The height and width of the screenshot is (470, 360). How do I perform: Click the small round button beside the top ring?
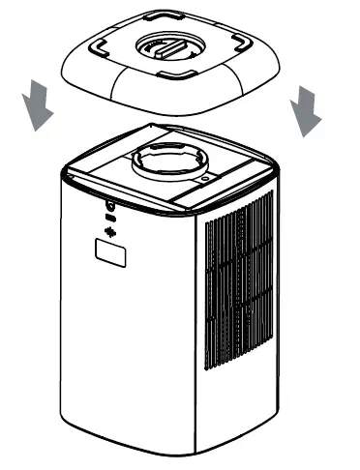point(206,178)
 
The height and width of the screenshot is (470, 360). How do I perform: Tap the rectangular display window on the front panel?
point(110,254)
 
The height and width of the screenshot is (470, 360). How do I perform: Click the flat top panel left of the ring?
point(106,164)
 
